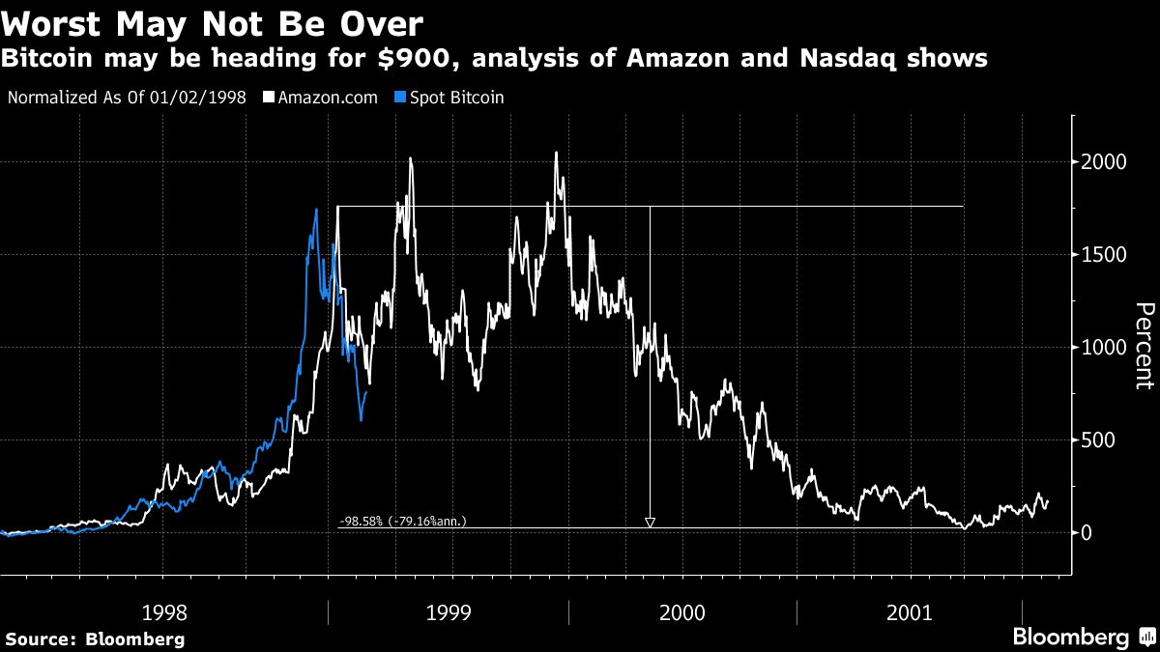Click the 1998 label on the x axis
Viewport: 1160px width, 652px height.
(165, 611)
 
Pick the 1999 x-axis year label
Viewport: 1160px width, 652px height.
(449, 611)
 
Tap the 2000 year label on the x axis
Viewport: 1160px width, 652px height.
(682, 611)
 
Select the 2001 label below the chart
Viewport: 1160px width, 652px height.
(910, 611)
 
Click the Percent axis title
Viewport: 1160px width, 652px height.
(1144, 346)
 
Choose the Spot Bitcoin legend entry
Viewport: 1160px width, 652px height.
(454, 98)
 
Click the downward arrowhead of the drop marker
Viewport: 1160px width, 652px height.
(650, 523)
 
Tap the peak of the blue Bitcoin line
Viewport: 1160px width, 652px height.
(316, 210)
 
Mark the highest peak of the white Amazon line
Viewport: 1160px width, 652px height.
(556, 153)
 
